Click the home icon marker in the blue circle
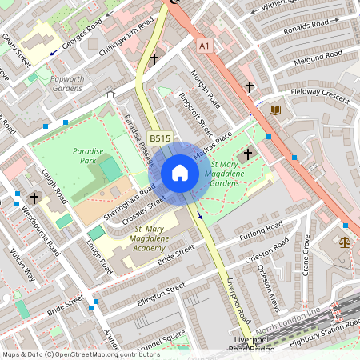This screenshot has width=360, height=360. pos(180,172)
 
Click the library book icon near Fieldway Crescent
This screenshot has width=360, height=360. pos(275,109)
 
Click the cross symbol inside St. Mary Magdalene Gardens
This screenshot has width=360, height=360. pos(247,153)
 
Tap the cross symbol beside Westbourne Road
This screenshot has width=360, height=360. pos(34,197)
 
